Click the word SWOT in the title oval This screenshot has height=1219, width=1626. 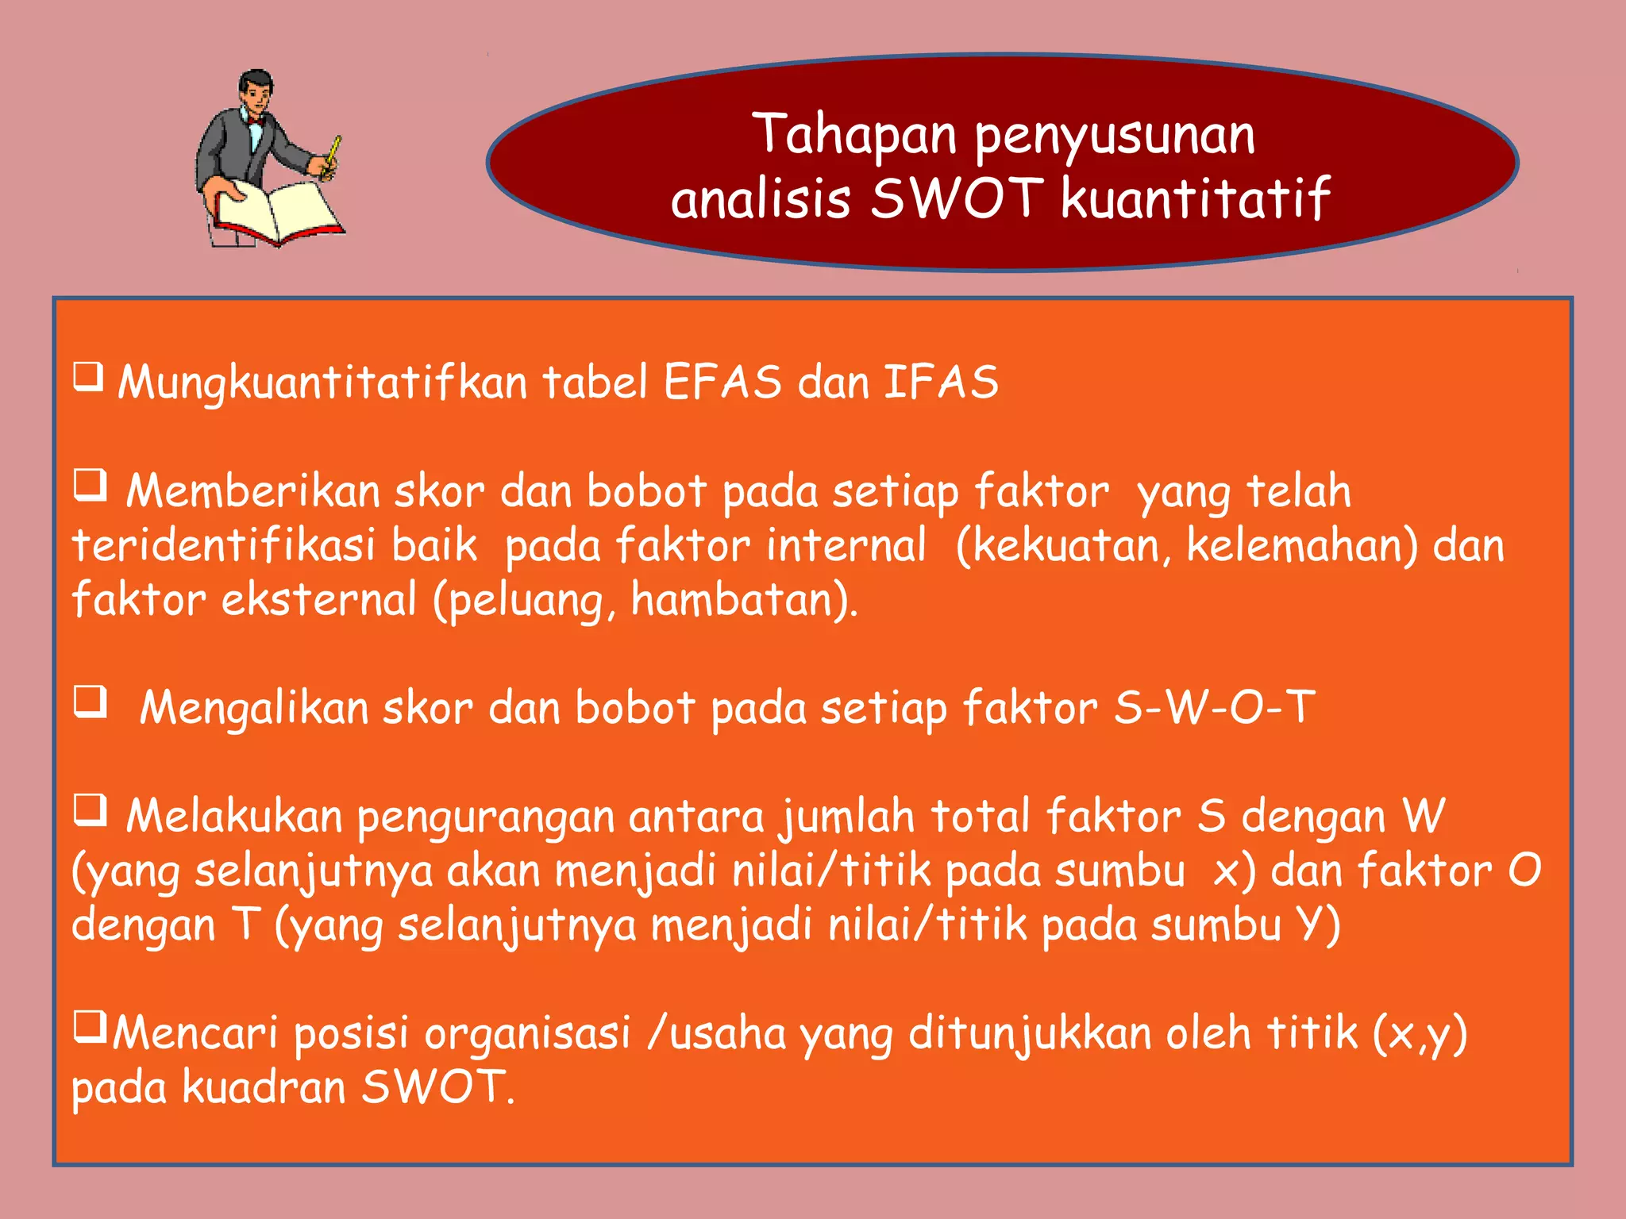tap(956, 198)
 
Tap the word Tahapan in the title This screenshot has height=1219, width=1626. tap(854, 134)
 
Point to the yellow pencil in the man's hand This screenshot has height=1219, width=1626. tap(334, 152)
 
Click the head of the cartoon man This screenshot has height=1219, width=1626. tap(256, 90)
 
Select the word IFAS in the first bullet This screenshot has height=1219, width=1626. tap(941, 382)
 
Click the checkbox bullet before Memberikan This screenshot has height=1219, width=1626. tap(90, 484)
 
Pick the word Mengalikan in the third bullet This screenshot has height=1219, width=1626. tap(254, 708)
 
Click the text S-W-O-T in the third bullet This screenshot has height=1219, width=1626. tap(1215, 707)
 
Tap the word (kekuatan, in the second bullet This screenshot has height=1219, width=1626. tap(1063, 546)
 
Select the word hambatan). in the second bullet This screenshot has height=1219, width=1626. tap(744, 600)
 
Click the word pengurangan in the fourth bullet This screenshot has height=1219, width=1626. tap(486, 818)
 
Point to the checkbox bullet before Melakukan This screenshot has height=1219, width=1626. tap(90, 809)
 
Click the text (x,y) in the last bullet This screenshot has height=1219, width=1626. tap(1420, 1035)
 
